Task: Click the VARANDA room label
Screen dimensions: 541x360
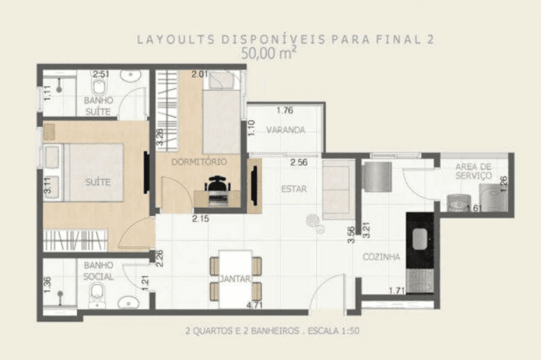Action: click(286, 130)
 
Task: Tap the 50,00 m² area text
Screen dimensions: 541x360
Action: click(268, 53)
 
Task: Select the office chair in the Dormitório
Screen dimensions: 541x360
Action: click(217, 190)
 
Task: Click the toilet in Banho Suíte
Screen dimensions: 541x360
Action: click(99, 85)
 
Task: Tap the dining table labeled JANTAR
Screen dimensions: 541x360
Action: click(235, 279)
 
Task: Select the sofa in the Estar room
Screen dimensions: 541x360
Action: click(338, 189)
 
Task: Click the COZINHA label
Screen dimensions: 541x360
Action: click(381, 256)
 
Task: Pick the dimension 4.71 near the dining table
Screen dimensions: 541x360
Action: click(254, 305)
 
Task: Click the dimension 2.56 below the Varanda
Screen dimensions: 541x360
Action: click(299, 162)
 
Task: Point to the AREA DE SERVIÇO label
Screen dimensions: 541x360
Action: click(474, 171)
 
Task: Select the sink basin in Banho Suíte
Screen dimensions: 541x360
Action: click(131, 75)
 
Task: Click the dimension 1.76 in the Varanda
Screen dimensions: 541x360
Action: click(285, 111)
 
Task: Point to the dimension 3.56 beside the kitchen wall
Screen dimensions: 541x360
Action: click(351, 235)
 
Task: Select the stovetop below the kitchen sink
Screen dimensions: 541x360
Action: click(420, 280)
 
